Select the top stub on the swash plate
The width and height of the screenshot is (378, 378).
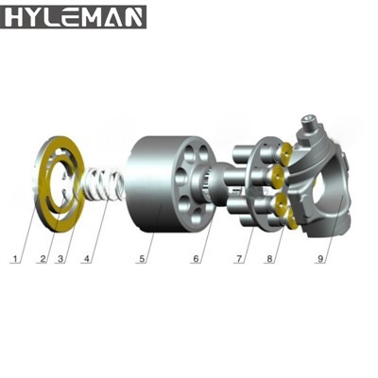point(309,122)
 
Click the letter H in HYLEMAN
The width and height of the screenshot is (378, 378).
point(16,16)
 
